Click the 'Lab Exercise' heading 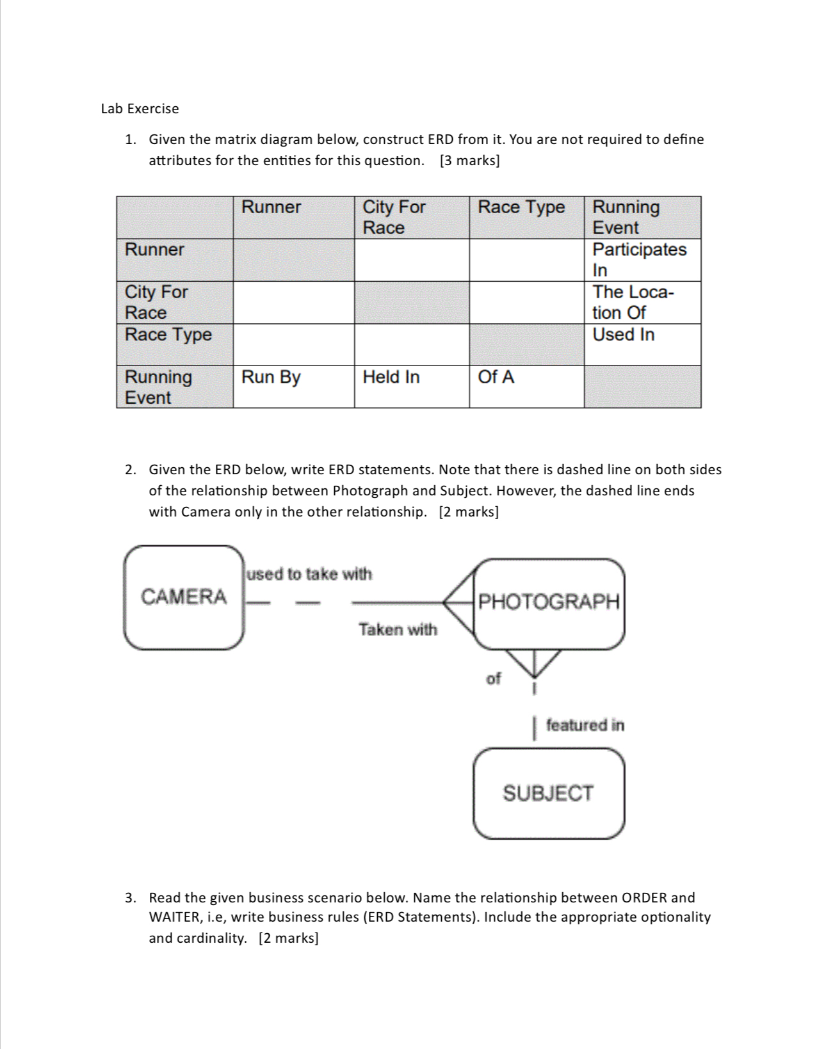[x=140, y=109]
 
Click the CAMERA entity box [x=184, y=597]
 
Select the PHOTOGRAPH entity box [x=549, y=602]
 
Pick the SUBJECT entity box [x=548, y=794]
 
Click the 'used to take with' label [x=309, y=574]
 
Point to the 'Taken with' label [x=398, y=630]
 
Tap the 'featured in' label [x=585, y=725]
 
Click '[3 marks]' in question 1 [x=469, y=161]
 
